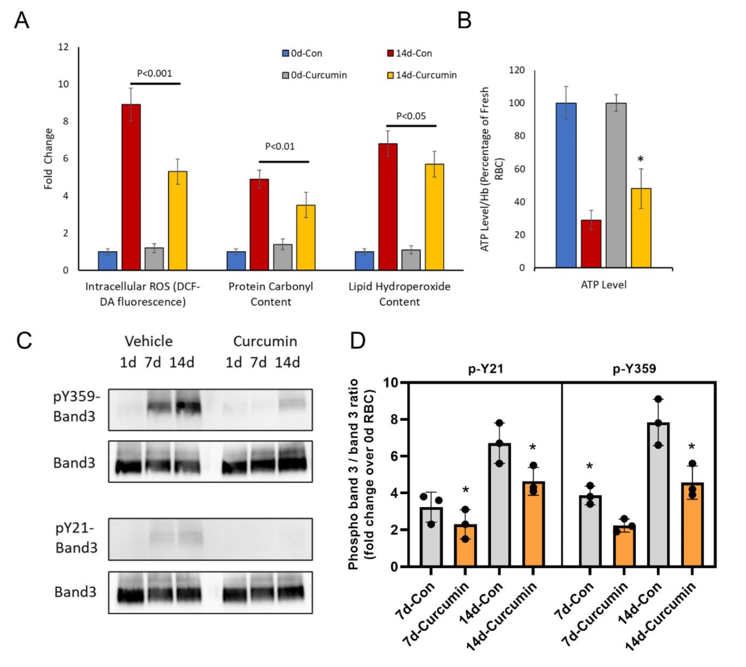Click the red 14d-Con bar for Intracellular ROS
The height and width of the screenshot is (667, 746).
tap(131, 187)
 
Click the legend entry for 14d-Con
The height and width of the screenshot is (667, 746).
tap(409, 53)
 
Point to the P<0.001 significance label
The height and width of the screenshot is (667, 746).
tap(155, 73)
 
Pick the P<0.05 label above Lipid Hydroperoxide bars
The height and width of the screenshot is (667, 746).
tap(411, 116)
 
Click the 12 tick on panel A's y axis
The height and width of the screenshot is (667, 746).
tap(63, 47)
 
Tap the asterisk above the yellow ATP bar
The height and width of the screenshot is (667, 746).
tap(640, 160)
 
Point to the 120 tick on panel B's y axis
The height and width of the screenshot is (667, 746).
tap(517, 70)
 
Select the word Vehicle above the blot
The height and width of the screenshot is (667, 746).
tap(149, 341)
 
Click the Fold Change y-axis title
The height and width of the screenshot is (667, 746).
tap(48, 159)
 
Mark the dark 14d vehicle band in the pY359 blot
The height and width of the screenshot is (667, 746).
tap(188, 407)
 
